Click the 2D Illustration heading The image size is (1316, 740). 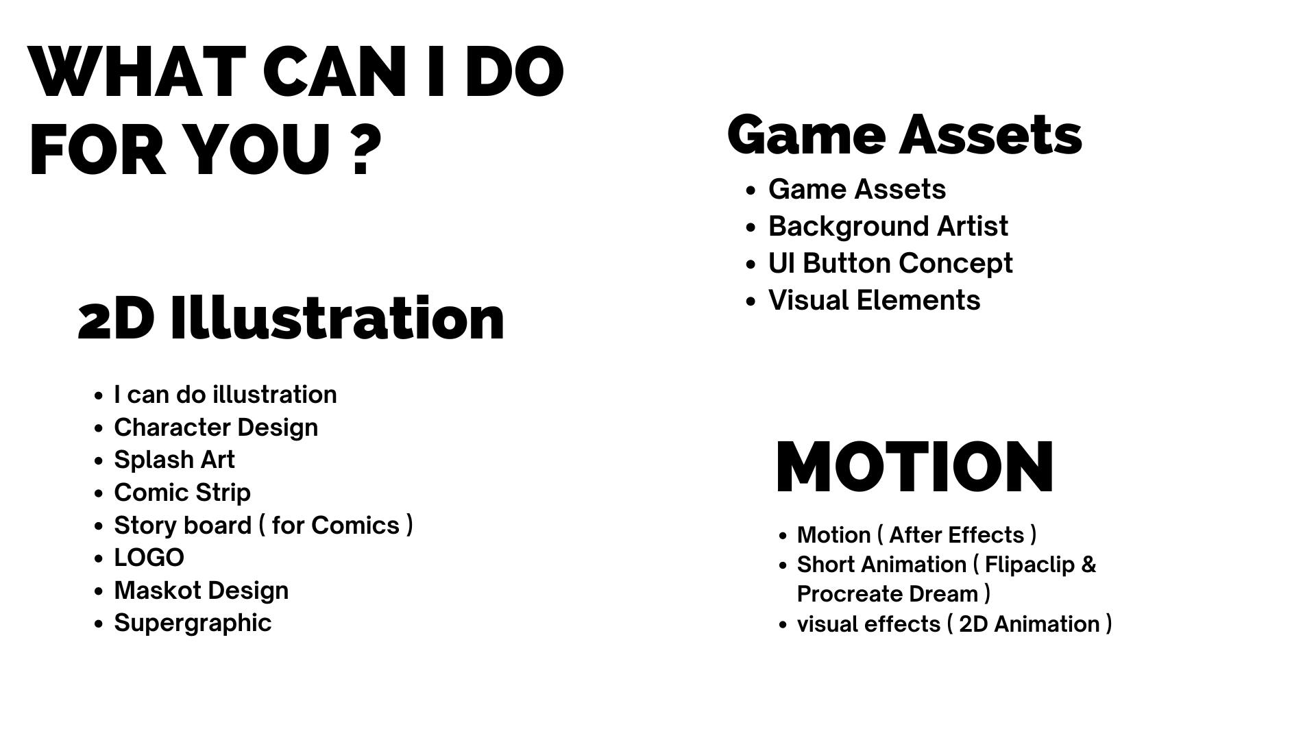tap(291, 318)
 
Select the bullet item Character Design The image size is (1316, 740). tap(216, 428)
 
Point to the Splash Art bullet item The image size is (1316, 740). tap(174, 460)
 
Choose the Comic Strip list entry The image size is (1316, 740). tap(182, 493)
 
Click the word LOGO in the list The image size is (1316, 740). tap(149, 558)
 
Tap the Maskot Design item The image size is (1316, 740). tap(201, 591)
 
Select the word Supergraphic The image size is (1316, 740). tap(193, 624)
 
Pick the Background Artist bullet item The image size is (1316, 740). tap(888, 226)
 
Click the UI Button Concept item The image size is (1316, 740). tap(890, 263)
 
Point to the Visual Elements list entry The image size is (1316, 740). tap(874, 300)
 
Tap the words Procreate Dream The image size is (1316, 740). tap(888, 594)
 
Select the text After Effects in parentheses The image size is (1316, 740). tap(956, 535)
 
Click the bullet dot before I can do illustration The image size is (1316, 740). tap(99, 396)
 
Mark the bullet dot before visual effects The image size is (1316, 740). tap(783, 625)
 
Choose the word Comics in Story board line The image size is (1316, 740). tap(355, 526)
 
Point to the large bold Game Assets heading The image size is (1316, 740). tap(905, 135)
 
